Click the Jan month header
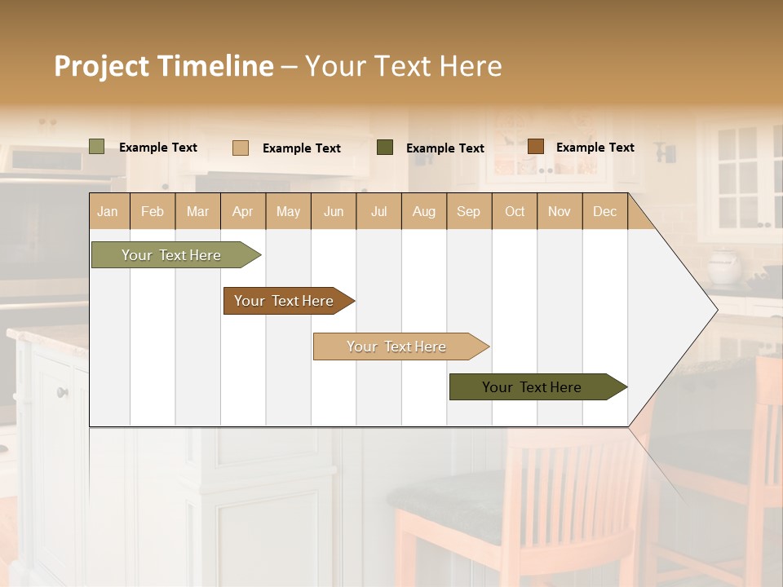(108, 211)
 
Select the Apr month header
(243, 211)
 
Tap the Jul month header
(378, 211)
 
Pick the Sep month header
(468, 211)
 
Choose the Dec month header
(604, 211)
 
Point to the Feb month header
(153, 211)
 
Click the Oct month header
(515, 211)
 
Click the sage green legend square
(97, 147)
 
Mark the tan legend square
(241, 148)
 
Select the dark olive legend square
(385, 148)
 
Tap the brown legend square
(535, 147)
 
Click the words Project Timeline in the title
(163, 66)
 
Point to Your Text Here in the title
(403, 66)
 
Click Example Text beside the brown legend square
(595, 148)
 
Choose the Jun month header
(334, 211)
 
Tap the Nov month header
(560, 211)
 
